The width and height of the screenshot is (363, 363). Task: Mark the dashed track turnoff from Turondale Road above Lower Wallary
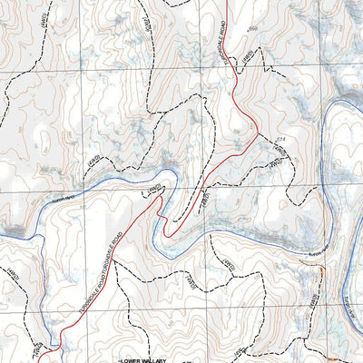click(x=64, y=331)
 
